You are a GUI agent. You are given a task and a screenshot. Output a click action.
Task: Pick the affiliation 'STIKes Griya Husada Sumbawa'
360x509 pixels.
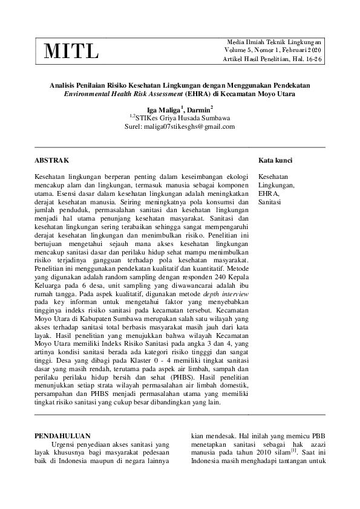pos(183,118)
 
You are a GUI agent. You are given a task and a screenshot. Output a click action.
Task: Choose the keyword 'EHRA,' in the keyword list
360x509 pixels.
pos(268,193)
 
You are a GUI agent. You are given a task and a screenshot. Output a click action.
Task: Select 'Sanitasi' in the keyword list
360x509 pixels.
pos(270,203)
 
